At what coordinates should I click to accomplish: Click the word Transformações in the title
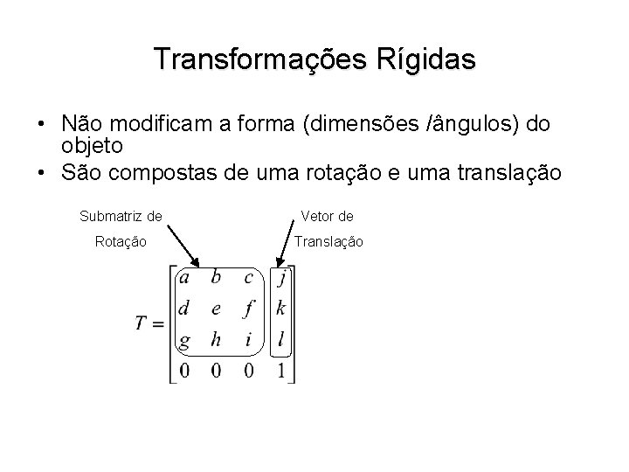(x=252, y=59)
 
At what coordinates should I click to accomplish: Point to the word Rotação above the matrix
(x=121, y=240)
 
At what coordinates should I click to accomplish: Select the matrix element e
(x=217, y=309)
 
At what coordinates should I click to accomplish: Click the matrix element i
(x=249, y=340)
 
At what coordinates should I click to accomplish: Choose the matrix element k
(x=280, y=309)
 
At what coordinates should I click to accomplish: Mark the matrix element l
(x=280, y=339)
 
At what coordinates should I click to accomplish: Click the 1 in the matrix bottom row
(x=280, y=371)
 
